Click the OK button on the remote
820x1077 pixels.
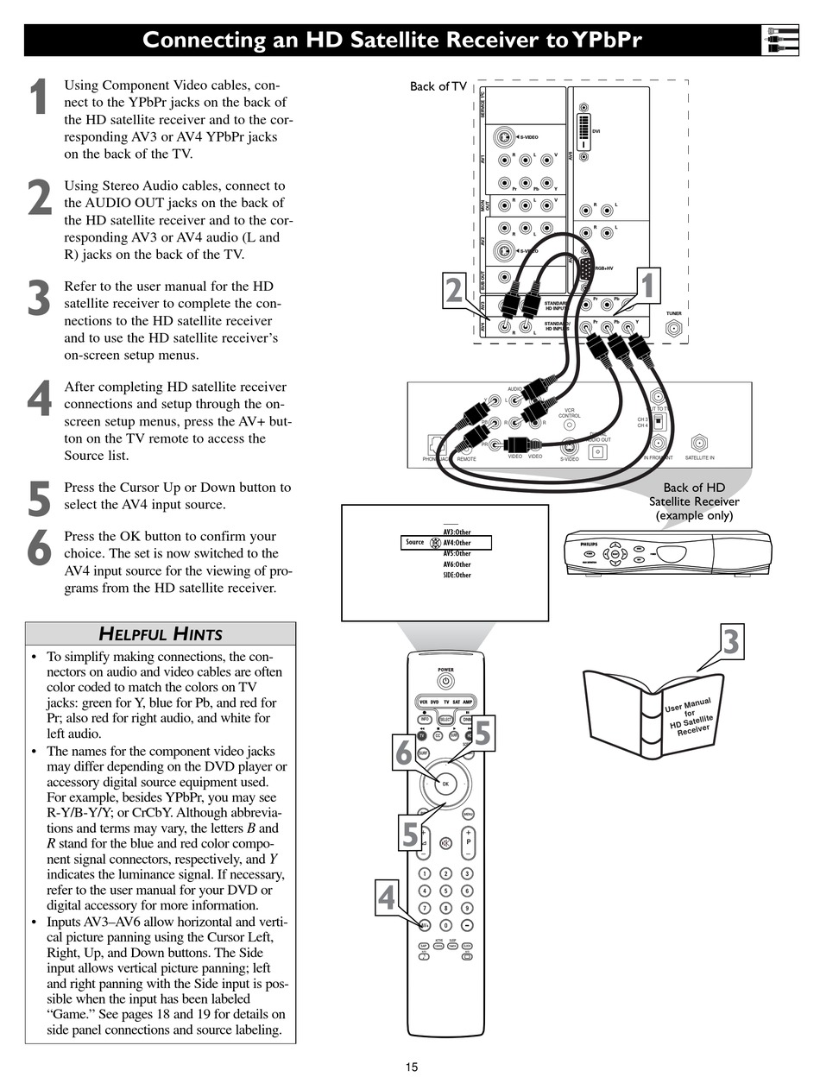click(x=445, y=784)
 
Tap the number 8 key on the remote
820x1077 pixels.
click(x=445, y=908)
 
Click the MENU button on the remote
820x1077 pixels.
click(x=468, y=814)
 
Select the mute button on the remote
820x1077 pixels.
click(x=445, y=843)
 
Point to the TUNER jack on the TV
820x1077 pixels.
click(x=674, y=328)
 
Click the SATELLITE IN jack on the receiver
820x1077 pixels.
click(x=699, y=443)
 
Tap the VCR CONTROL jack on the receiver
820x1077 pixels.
click(x=569, y=425)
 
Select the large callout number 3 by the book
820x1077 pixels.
click(x=730, y=642)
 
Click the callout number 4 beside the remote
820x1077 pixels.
click(x=386, y=897)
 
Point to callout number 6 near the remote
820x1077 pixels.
click(x=404, y=753)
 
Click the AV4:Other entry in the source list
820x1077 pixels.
click(x=457, y=543)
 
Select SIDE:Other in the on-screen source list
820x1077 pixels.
click(x=457, y=575)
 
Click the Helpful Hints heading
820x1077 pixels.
click(x=161, y=634)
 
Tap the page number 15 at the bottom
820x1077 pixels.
click(x=412, y=1068)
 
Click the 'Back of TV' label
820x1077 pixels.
click(x=438, y=86)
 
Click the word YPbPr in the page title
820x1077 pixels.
click(x=605, y=41)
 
